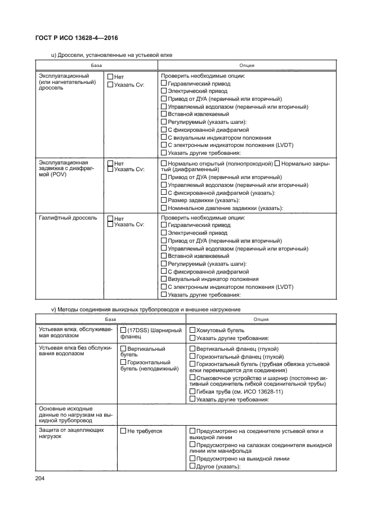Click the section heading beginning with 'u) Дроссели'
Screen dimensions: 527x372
tap(111, 55)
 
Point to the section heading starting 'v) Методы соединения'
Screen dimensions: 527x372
tap(146, 309)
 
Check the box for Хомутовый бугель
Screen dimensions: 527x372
tap(192, 331)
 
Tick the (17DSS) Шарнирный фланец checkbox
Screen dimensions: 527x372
tap(124, 331)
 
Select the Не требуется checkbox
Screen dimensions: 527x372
tap(124, 431)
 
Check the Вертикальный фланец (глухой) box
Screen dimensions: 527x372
tap(192, 349)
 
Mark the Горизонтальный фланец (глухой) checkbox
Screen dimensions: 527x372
tap(192, 356)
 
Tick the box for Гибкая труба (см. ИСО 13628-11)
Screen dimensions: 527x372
tap(192, 392)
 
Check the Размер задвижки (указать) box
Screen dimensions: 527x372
tap(164, 200)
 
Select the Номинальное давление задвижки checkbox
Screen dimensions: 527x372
tap(164, 208)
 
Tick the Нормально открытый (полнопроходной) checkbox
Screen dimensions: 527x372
tap(164, 163)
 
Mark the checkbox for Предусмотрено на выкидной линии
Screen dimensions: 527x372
tap(192, 459)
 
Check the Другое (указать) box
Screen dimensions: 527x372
tap(192, 466)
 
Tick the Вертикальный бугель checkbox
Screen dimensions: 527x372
tap(124, 349)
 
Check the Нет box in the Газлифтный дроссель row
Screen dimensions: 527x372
tap(110, 218)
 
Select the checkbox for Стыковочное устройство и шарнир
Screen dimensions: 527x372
tap(192, 378)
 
